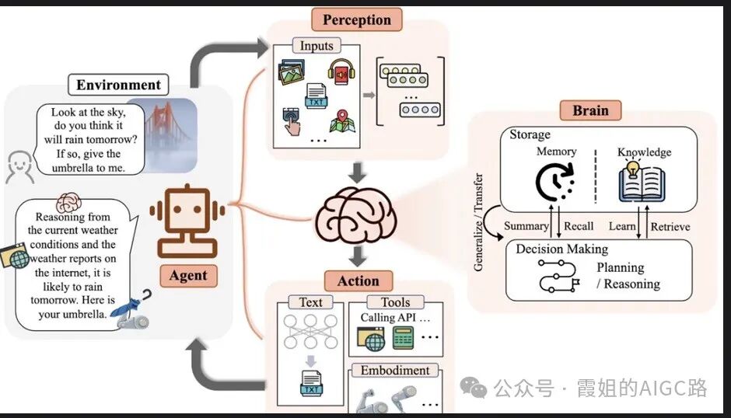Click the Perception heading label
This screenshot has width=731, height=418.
tap(357, 19)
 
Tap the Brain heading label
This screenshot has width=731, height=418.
tap(590, 110)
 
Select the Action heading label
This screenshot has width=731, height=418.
tap(358, 281)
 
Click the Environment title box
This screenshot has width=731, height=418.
tap(118, 85)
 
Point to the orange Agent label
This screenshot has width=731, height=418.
tap(188, 275)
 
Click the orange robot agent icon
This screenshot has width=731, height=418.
tap(187, 221)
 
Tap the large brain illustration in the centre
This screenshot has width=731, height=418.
tap(356, 214)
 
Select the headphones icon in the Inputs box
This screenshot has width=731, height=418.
tap(341, 71)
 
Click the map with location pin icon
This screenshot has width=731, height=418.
tap(343, 121)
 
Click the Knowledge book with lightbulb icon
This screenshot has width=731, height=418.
tap(642, 182)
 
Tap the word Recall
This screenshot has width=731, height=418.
tap(579, 226)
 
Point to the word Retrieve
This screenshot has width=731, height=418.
tap(670, 227)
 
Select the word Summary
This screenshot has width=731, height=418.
tap(526, 226)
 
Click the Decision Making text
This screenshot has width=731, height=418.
tap(561, 249)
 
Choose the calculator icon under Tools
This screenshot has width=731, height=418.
tap(404, 337)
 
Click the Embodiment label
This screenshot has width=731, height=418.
tap(395, 371)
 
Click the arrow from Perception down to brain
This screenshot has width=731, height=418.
tap(358, 173)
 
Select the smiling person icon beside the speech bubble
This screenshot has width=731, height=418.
tap(19, 167)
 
